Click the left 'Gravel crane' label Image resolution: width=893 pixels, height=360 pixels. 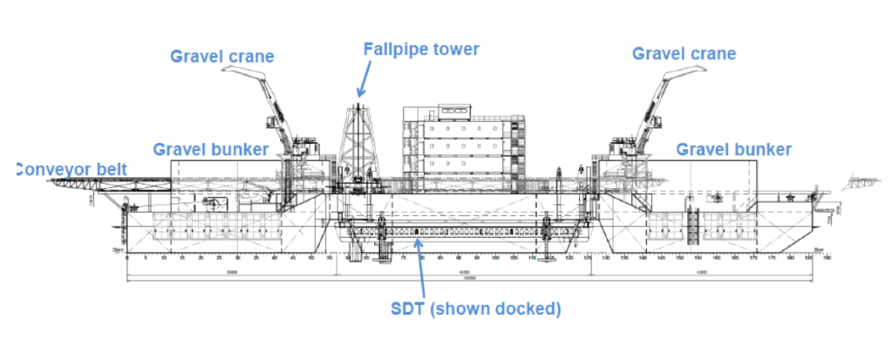tap(222, 57)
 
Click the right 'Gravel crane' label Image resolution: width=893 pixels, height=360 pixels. tap(684, 54)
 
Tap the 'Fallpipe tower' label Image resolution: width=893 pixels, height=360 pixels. tap(421, 49)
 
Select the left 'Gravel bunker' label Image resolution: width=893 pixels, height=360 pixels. tap(210, 149)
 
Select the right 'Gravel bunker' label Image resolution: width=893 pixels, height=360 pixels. tap(734, 150)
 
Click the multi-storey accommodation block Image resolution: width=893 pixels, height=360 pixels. tap(464, 144)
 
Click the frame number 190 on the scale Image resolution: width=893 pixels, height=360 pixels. tap(826, 258)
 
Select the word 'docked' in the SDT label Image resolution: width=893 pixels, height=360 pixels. tap(528, 309)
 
